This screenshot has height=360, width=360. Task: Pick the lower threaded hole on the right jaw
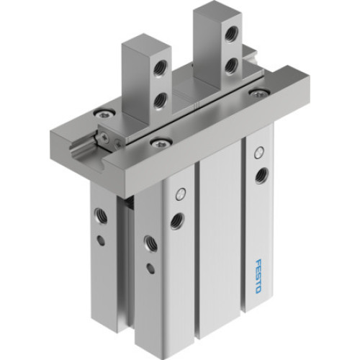pyautogui.click(x=231, y=66)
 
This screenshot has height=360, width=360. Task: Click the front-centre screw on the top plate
pyautogui.click(x=156, y=141)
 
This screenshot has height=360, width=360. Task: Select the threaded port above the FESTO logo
pyautogui.click(x=263, y=174)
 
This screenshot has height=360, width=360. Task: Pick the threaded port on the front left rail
pyautogui.click(x=176, y=220)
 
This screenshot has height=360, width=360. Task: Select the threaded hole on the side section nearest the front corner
pyautogui.click(x=150, y=243)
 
